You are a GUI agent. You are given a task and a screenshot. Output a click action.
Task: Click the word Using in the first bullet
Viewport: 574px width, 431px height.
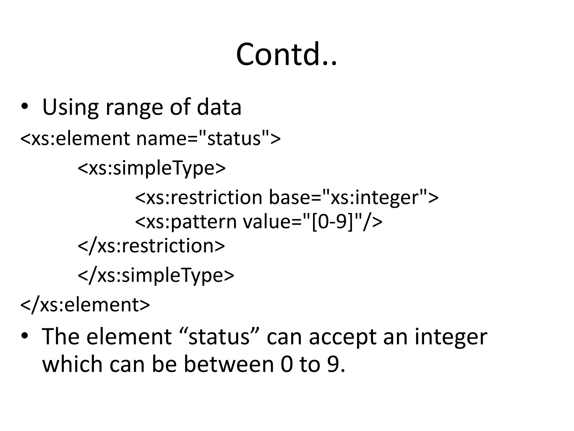click(70, 107)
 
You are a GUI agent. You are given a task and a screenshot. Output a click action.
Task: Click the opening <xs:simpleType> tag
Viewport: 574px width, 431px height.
click(152, 168)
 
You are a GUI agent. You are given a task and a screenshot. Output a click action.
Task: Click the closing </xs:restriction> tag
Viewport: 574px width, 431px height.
click(151, 246)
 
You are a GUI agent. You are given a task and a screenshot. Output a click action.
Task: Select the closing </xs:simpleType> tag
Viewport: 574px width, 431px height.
click(156, 275)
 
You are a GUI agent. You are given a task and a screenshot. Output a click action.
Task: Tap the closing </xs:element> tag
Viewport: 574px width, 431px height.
click(85, 305)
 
